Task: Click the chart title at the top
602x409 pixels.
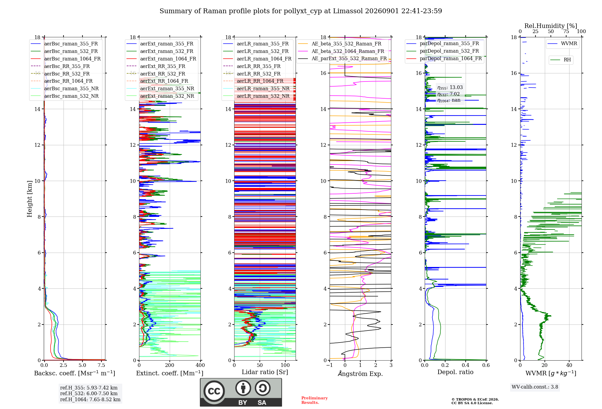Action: click(301, 11)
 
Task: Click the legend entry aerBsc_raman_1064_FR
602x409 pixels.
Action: click(66, 59)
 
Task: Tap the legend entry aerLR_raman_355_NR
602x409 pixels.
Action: click(256, 88)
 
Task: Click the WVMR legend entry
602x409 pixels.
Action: click(562, 44)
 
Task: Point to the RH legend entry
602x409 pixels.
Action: click(560, 60)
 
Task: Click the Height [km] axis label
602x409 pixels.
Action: click(29, 199)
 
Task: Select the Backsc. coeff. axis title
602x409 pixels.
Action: click(75, 373)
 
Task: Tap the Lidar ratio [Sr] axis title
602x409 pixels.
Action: click(265, 372)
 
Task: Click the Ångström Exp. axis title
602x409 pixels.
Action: click(360, 373)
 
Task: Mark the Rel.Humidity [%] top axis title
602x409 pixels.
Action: click(551, 26)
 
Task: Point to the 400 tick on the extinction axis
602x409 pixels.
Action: click(200, 365)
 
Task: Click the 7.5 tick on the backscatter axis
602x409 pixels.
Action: click(102, 365)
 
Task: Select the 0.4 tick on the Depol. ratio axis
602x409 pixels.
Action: click(466, 365)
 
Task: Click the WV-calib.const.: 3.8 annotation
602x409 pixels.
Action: click(535, 387)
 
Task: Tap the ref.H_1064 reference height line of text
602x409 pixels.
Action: click(90, 400)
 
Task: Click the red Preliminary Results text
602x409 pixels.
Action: click(315, 400)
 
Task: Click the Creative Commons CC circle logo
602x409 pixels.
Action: click(214, 391)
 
